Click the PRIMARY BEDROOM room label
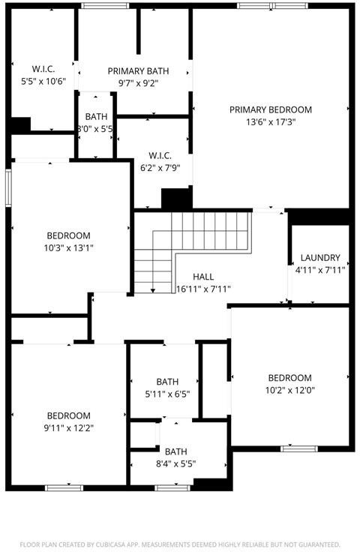click(x=271, y=109)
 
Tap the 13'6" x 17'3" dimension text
click(x=271, y=122)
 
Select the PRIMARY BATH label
click(x=138, y=71)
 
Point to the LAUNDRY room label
click(x=320, y=258)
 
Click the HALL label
click(x=203, y=277)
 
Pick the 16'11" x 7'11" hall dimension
click(x=203, y=289)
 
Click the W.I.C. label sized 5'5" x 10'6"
click(x=43, y=69)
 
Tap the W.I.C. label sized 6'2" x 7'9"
click(x=160, y=155)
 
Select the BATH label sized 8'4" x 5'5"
click(x=176, y=451)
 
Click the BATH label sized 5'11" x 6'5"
click(x=167, y=382)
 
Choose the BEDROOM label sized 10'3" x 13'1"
click(x=68, y=235)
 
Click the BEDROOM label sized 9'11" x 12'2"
click(x=68, y=415)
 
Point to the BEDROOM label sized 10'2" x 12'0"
click(x=290, y=378)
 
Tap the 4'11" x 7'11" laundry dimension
click(x=320, y=270)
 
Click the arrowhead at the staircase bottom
click(x=153, y=290)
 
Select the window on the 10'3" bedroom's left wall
click(x=8, y=187)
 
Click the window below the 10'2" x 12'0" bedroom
click(x=299, y=448)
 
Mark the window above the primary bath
click(x=105, y=6)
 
